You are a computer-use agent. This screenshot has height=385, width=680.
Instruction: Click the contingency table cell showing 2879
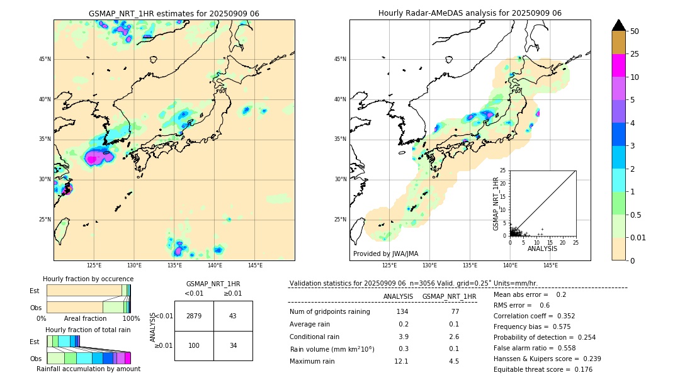pyautogui.click(x=194, y=316)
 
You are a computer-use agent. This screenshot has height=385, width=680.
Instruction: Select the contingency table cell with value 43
pyautogui.click(x=232, y=316)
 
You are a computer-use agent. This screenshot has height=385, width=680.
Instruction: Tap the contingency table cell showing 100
pyautogui.click(x=194, y=346)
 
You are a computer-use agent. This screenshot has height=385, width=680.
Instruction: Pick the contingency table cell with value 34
pyautogui.click(x=232, y=346)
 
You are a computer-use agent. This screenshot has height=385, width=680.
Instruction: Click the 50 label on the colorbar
pyautogui.click(x=635, y=31)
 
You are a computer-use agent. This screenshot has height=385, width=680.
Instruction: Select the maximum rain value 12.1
pyautogui.click(x=402, y=361)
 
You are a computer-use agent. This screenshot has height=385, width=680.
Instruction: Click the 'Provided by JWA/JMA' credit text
pyautogui.click(x=385, y=254)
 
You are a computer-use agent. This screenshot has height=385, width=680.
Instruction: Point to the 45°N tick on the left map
pyautogui.click(x=45, y=59)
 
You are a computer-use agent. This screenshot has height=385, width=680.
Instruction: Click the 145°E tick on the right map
pyautogui.click(x=550, y=265)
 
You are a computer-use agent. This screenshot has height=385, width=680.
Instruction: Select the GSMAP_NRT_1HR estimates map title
pyautogui.click(x=174, y=13)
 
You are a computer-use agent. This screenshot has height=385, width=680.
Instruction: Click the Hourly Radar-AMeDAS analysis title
pyautogui.click(x=470, y=13)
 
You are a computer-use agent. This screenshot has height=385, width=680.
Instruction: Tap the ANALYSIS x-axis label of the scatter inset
pyautogui.click(x=542, y=248)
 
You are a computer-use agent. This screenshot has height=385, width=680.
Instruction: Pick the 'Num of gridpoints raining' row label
pyautogui.click(x=329, y=312)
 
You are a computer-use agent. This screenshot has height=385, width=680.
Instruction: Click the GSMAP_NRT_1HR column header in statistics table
pyautogui.click(x=449, y=296)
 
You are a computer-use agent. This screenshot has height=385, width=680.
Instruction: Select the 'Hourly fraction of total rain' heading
pyautogui.click(x=88, y=330)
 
